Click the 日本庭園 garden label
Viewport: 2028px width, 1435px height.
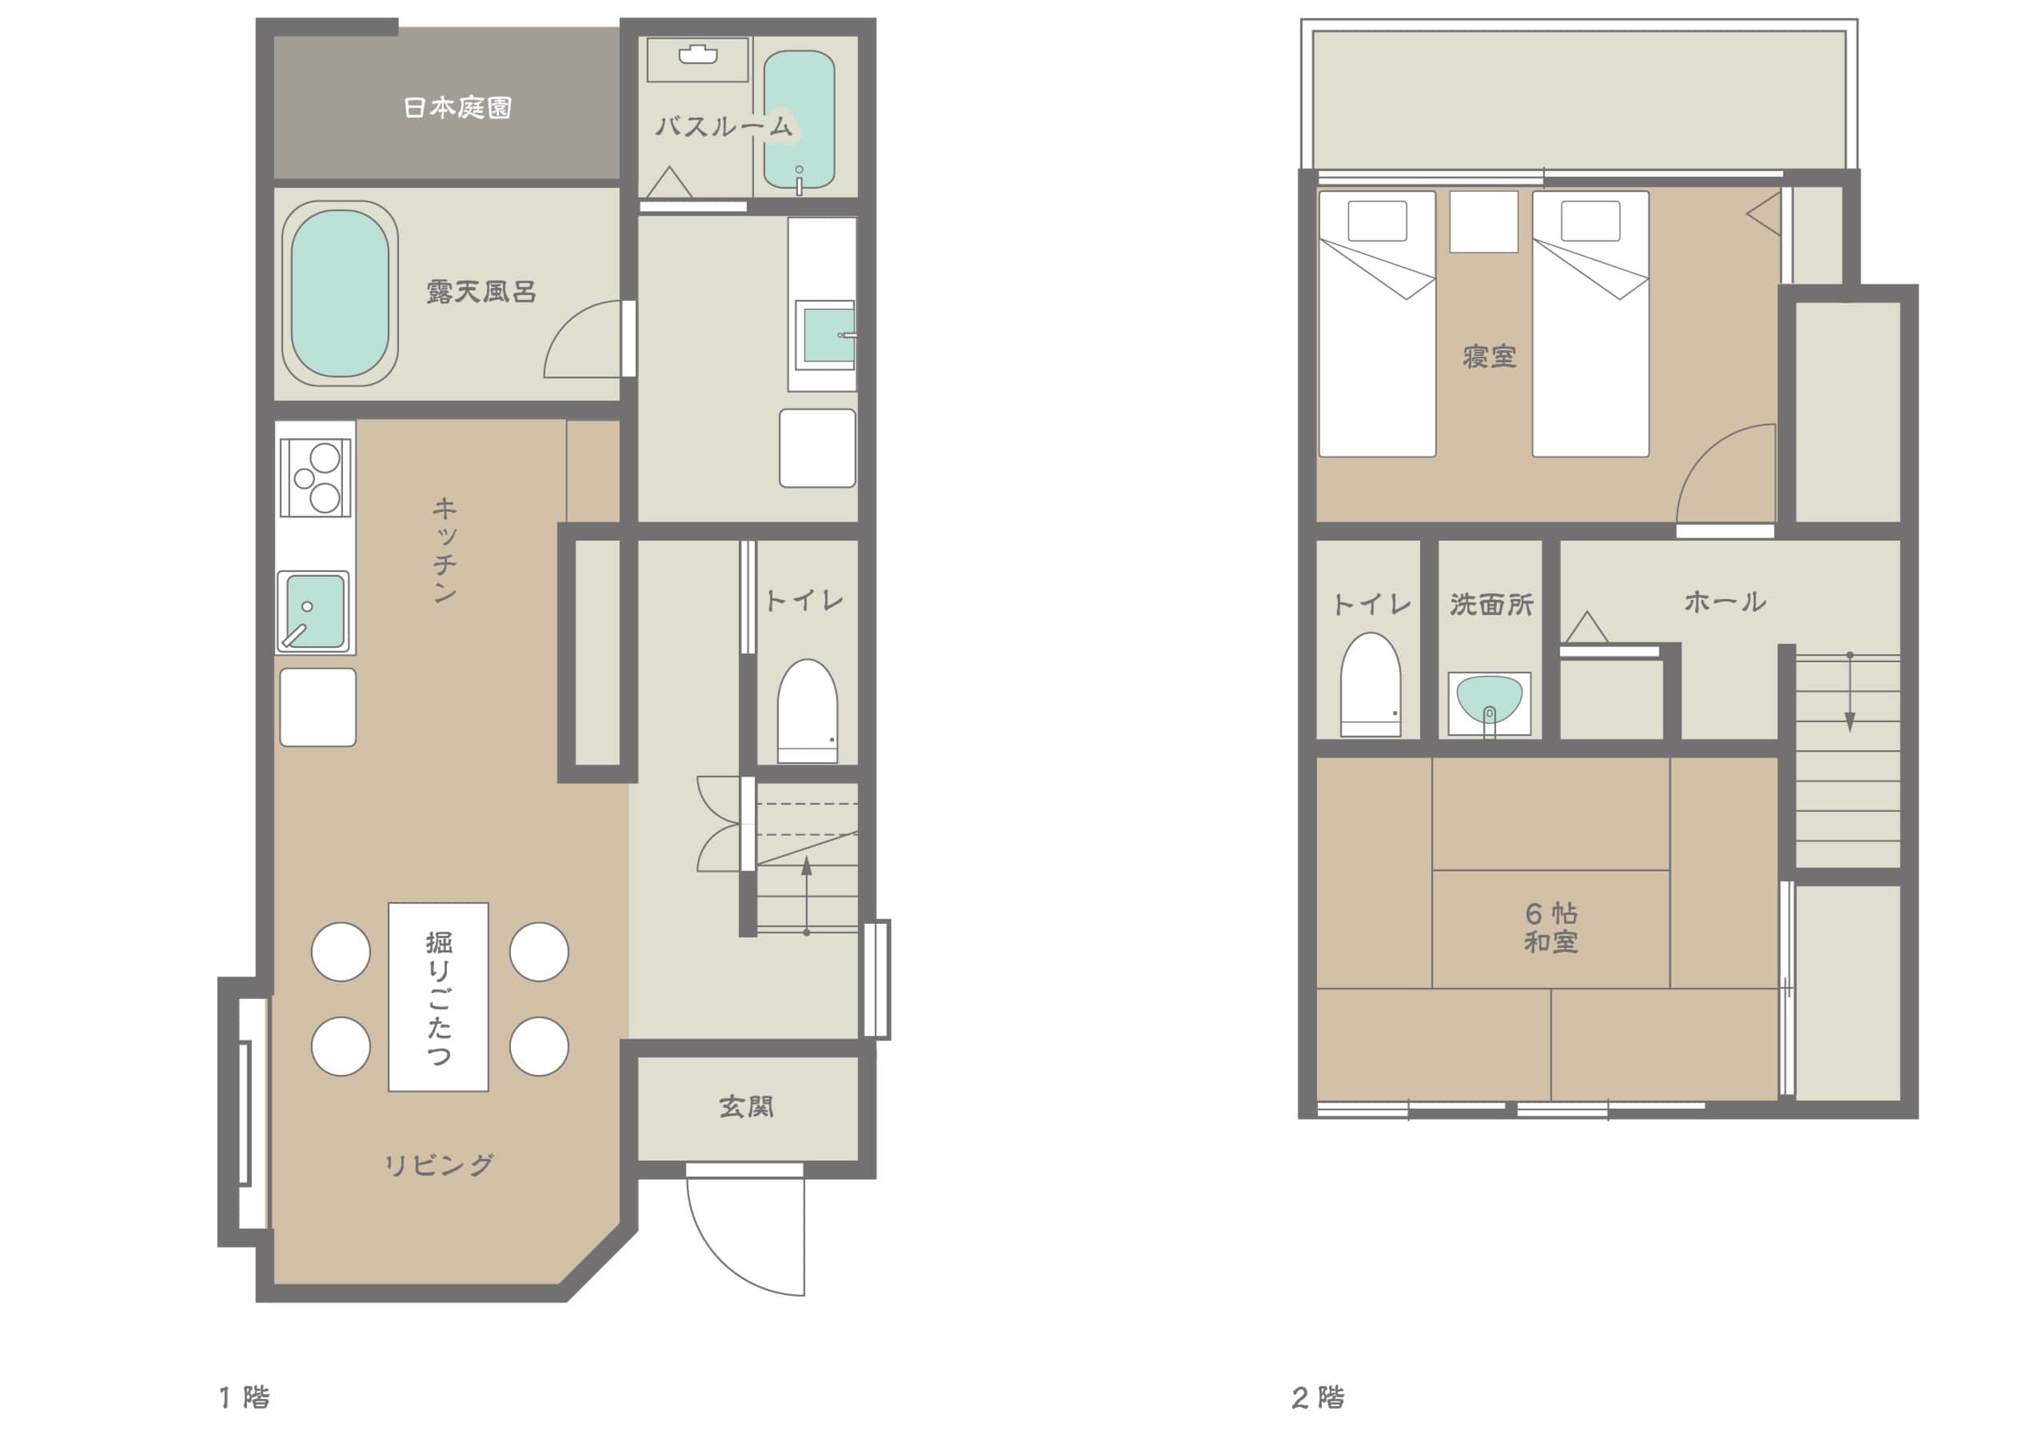[457, 108]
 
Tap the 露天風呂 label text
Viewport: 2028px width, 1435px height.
[481, 292]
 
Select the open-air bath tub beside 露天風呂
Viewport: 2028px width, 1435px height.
[340, 294]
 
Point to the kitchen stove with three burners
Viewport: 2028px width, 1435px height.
[315, 478]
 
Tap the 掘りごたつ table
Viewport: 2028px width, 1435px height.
[438, 997]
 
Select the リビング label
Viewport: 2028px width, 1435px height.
[439, 1165]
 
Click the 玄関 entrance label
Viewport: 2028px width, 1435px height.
[746, 1106]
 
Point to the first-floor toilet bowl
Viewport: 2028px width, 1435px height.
[808, 710]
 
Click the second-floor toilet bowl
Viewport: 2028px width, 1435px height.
[1371, 684]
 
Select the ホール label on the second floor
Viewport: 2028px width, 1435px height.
[1725, 602]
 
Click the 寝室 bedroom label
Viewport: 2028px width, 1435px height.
[1490, 357]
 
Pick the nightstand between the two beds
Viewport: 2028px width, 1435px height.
[1484, 222]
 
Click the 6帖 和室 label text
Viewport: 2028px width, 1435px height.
[1551, 928]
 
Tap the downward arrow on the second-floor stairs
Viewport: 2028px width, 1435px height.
[1850, 693]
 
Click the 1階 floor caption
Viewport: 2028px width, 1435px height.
[245, 1398]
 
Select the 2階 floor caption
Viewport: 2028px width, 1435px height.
[1318, 1398]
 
